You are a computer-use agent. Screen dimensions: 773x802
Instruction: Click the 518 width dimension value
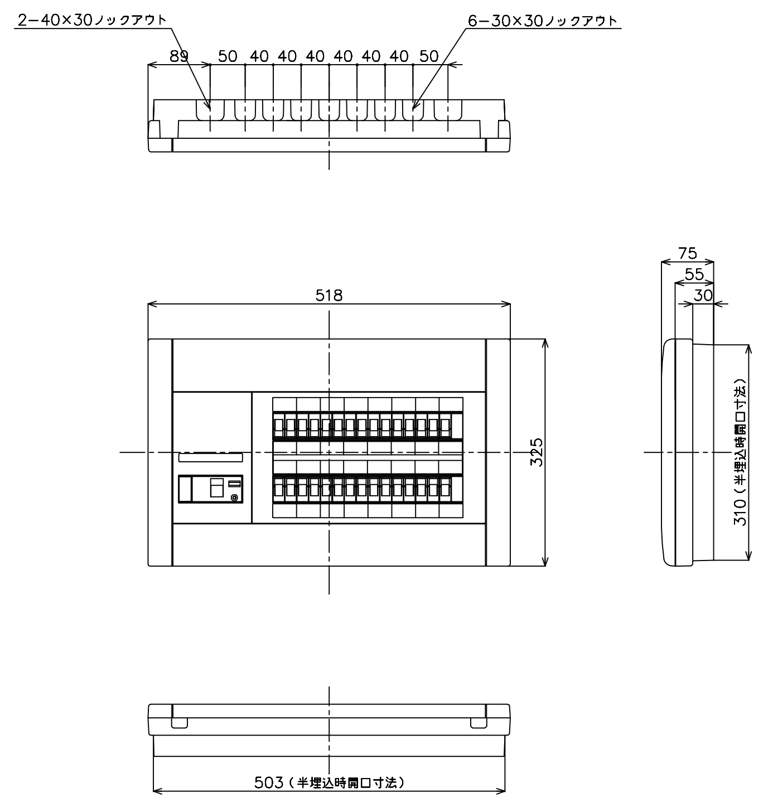coord(329,295)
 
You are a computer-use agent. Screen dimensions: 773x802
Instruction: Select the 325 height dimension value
coord(537,452)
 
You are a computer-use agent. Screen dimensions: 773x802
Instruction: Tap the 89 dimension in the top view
coord(179,56)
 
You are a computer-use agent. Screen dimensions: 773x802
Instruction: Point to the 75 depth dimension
coord(687,253)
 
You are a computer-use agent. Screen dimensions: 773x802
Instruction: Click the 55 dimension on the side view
coord(694,274)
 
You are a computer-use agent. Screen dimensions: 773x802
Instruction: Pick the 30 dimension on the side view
coord(703,295)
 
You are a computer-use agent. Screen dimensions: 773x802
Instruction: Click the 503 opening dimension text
coord(329,782)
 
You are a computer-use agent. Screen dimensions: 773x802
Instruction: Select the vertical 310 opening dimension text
coord(740,452)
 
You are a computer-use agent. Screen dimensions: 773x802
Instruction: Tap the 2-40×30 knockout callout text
coord(92,20)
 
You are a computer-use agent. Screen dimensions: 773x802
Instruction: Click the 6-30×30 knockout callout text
coord(543,20)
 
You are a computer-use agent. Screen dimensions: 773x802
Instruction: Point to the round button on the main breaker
coord(234,497)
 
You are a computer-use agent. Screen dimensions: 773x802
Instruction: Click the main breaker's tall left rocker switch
coord(185,489)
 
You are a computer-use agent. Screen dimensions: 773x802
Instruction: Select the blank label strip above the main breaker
coord(211,457)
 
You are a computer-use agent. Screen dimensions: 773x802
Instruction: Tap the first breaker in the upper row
coord(278,427)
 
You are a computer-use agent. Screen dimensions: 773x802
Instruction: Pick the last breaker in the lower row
coord(445,489)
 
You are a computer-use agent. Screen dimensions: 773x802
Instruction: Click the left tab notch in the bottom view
coord(179,723)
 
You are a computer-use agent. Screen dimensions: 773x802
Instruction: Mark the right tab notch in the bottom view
coord(479,723)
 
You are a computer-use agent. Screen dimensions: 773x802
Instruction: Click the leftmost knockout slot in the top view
coord(210,110)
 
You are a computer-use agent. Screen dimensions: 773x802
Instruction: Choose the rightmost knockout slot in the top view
coord(448,110)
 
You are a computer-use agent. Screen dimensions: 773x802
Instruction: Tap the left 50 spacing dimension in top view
coord(228,56)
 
